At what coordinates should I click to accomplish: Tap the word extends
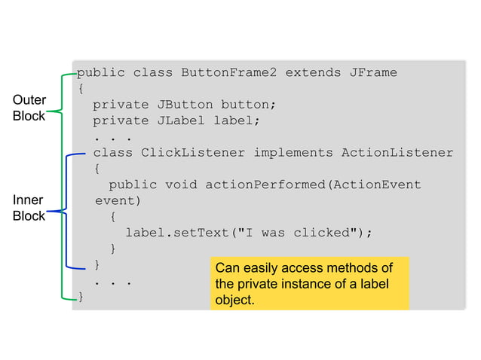coord(312,73)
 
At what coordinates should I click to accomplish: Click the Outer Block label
coord(29,108)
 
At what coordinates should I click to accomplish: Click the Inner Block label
coord(29,208)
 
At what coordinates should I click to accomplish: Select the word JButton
coord(184,105)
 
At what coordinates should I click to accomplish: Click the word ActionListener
coord(397,153)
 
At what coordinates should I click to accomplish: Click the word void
coord(180,185)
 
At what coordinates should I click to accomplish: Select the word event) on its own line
coord(118,201)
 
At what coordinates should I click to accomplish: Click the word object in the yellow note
coord(233,300)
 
